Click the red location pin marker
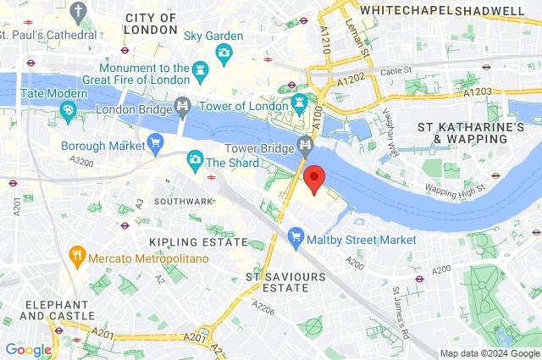click(x=314, y=178)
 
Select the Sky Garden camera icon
click(x=224, y=53)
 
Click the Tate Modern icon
click(x=68, y=109)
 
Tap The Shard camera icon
click(x=195, y=160)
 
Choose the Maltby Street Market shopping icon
click(x=296, y=240)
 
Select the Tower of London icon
click(x=298, y=103)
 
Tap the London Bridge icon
click(x=181, y=106)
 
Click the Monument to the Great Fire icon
click(x=200, y=69)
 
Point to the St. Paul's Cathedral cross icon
click(x=80, y=12)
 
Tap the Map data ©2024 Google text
click(x=489, y=353)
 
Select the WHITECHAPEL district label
click(x=401, y=10)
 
